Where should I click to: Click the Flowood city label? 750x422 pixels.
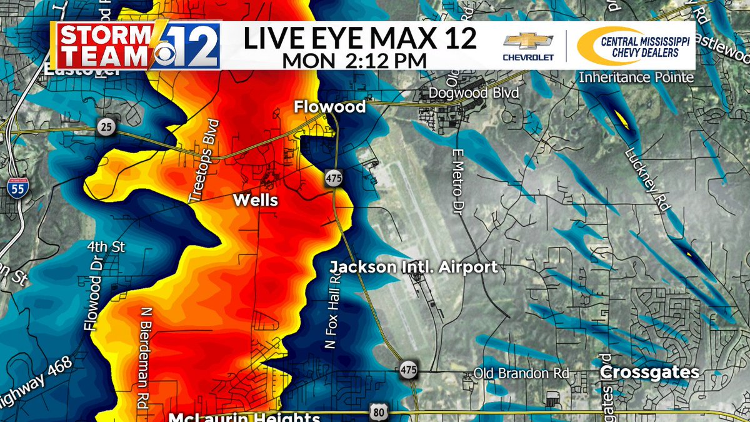point(330,108)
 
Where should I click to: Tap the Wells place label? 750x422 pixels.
point(255,200)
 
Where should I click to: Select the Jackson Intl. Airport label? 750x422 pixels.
point(414,268)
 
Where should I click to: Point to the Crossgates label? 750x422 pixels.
point(649,373)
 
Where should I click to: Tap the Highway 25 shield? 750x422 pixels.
point(106,128)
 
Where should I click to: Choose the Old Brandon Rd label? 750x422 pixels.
point(521,373)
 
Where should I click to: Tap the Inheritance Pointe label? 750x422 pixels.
point(636,78)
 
